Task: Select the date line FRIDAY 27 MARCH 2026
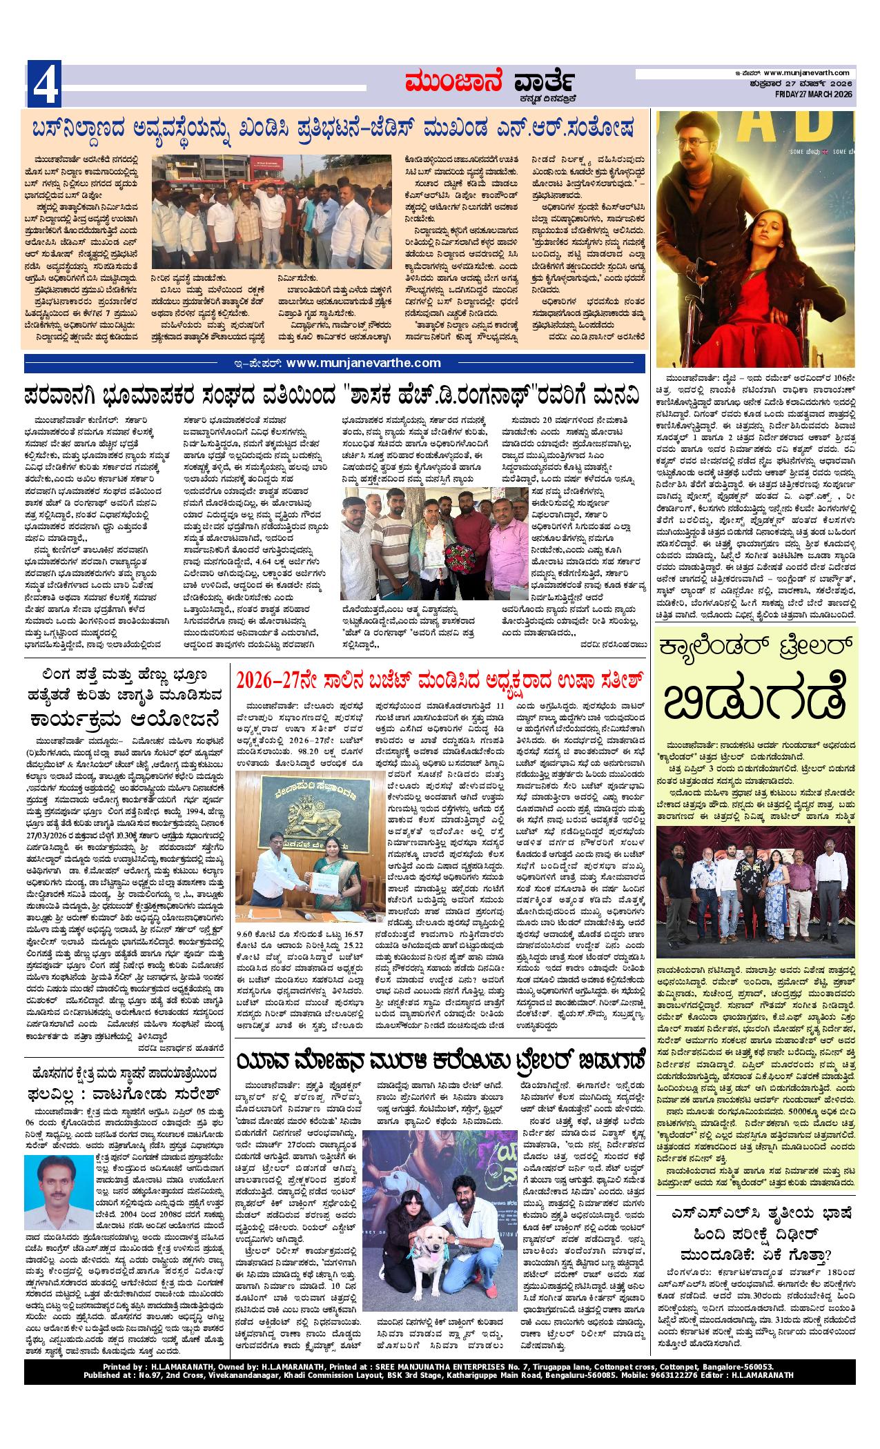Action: (814, 95)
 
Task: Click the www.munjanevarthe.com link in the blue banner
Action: (362, 363)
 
